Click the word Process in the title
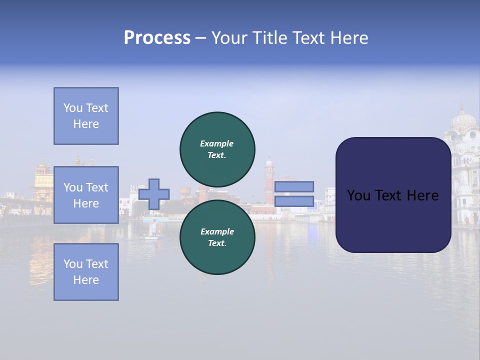click(x=157, y=38)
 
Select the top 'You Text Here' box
click(x=86, y=116)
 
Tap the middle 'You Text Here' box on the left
click(x=86, y=195)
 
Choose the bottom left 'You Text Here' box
click(x=86, y=272)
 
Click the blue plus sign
click(x=154, y=194)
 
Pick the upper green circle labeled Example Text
click(x=217, y=149)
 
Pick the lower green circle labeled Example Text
click(x=217, y=237)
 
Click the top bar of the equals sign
click(x=294, y=186)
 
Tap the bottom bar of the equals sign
click(x=294, y=201)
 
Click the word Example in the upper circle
click(x=217, y=143)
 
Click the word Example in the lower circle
click(x=217, y=231)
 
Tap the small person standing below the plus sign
click(x=154, y=228)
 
